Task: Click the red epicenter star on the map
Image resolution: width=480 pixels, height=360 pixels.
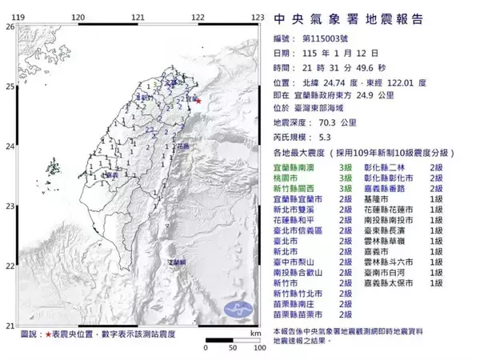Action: point(198,101)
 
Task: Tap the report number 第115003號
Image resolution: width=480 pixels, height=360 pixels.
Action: point(324,38)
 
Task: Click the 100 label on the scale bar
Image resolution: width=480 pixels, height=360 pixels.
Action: point(255,349)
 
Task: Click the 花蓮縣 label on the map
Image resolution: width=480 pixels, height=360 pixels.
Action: point(183,148)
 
